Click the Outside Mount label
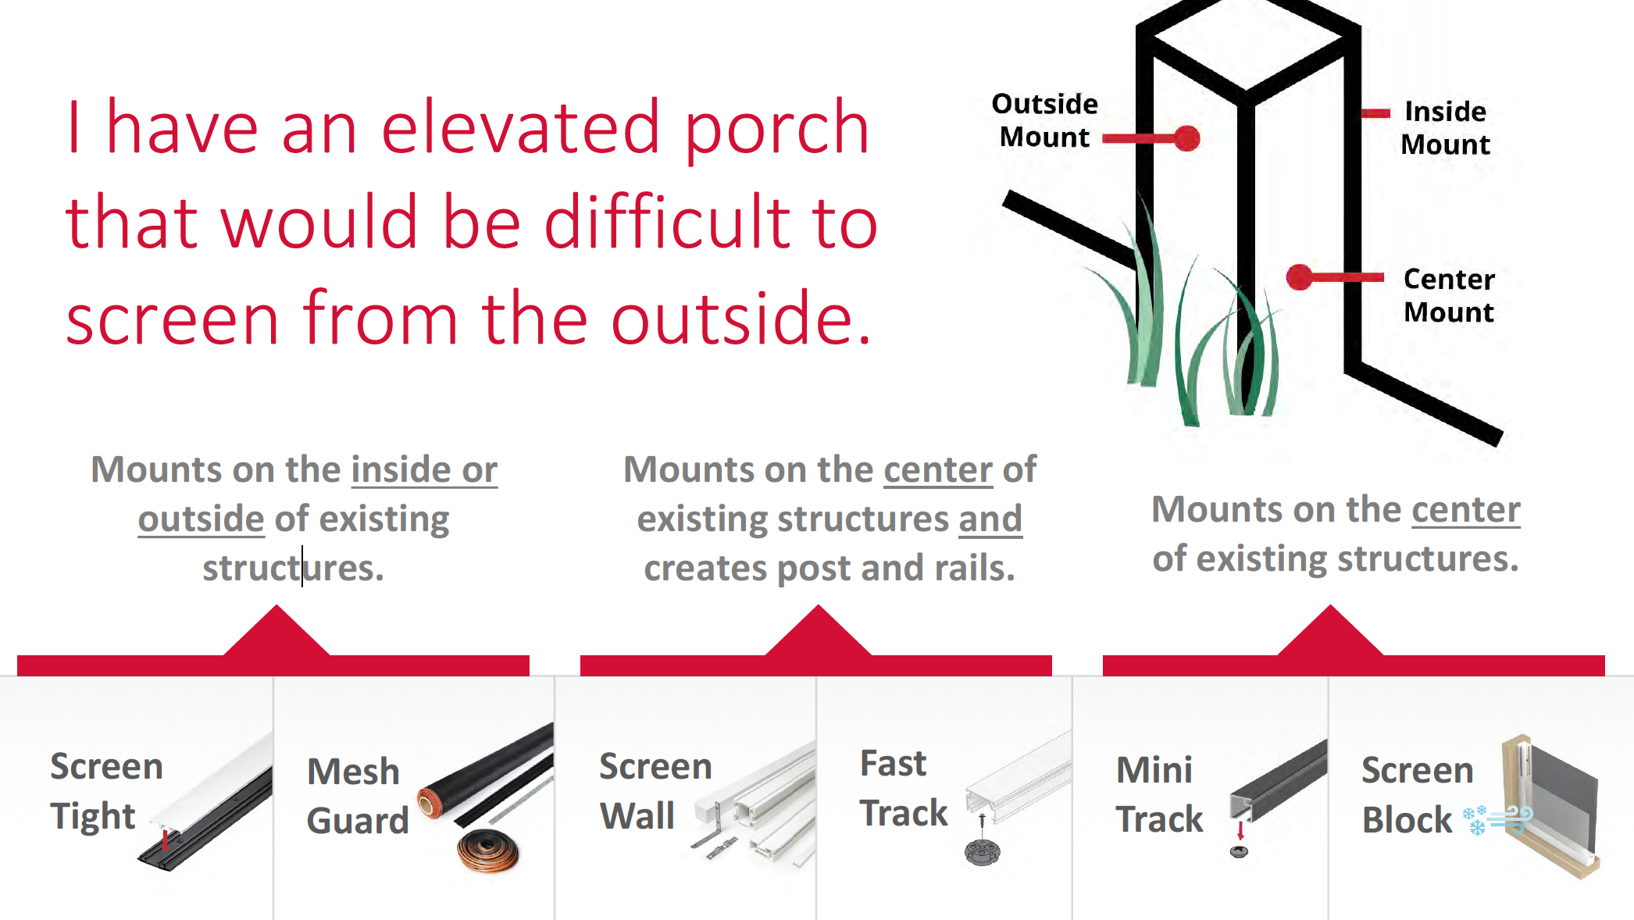point(1045,120)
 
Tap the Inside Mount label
point(1445,128)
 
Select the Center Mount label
point(1449,295)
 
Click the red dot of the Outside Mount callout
point(1187,138)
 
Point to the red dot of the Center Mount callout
point(1300,277)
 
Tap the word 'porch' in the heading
point(776,133)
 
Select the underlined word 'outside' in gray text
point(202,519)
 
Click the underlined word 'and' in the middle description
point(990,519)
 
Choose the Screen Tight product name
point(107,791)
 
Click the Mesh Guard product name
point(358,796)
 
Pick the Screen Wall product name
point(655,791)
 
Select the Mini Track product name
point(1159,794)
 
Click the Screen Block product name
point(1418,795)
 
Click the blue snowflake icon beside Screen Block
point(1475,820)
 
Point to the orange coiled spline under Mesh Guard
point(488,851)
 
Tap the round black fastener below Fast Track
point(982,852)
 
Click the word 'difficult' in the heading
point(667,222)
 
